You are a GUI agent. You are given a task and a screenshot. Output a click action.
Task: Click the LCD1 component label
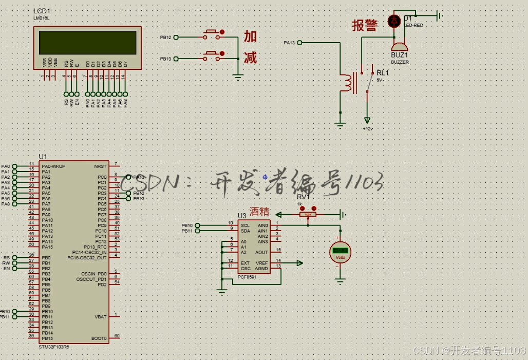[x=42, y=11]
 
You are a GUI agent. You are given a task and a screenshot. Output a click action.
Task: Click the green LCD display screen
[x=88, y=43]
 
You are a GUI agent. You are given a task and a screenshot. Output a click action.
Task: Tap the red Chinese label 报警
[x=365, y=26]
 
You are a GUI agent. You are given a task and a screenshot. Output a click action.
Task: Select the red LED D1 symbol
[x=394, y=21]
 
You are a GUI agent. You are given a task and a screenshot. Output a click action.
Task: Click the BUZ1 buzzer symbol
[x=399, y=47]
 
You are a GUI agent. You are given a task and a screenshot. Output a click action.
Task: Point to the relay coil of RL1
[x=350, y=84]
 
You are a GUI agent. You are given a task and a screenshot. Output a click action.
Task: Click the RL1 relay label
[x=383, y=73]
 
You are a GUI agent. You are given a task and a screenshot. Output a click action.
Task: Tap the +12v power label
[x=368, y=128]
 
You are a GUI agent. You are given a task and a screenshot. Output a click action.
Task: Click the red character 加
[x=250, y=36]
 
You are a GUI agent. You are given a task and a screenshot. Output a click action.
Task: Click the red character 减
[x=250, y=58]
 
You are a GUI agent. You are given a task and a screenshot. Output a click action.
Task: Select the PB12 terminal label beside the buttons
[x=165, y=37]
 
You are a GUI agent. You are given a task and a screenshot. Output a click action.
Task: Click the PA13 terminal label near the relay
[x=289, y=43]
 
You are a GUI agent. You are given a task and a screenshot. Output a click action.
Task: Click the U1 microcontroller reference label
[x=43, y=156]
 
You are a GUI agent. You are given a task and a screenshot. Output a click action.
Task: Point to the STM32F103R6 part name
[x=54, y=347]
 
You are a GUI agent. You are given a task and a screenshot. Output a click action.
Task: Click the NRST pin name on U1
[x=100, y=166]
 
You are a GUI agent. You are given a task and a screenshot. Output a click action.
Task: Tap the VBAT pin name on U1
[x=100, y=317]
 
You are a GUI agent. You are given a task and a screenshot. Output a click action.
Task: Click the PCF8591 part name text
[x=248, y=277]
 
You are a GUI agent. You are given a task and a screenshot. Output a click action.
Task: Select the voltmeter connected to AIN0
[x=340, y=251]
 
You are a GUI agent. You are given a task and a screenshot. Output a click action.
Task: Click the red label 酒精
[x=259, y=211]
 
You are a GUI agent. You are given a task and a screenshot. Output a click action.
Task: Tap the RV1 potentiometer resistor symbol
[x=308, y=215]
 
